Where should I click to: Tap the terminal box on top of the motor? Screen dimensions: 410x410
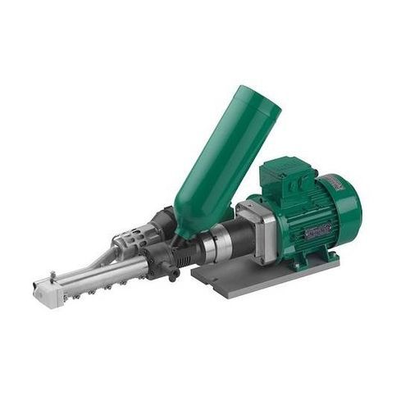281,175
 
